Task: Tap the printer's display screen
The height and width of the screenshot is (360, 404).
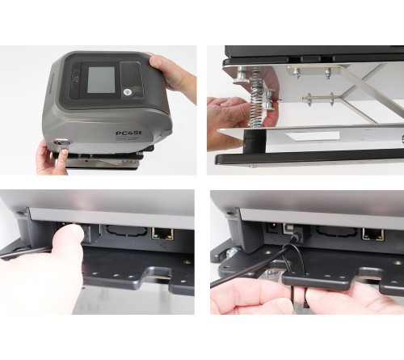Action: coord(101,79)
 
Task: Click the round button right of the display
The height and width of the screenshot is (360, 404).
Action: coord(128,92)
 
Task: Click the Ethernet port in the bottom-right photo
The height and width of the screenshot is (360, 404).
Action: coord(373,234)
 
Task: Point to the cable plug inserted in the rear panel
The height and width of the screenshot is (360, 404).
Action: coord(294,239)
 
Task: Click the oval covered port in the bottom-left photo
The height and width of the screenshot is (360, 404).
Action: coord(119,235)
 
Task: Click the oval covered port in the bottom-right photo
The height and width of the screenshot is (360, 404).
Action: coord(335,235)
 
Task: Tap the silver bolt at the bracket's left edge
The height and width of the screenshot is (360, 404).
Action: coord(242,79)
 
